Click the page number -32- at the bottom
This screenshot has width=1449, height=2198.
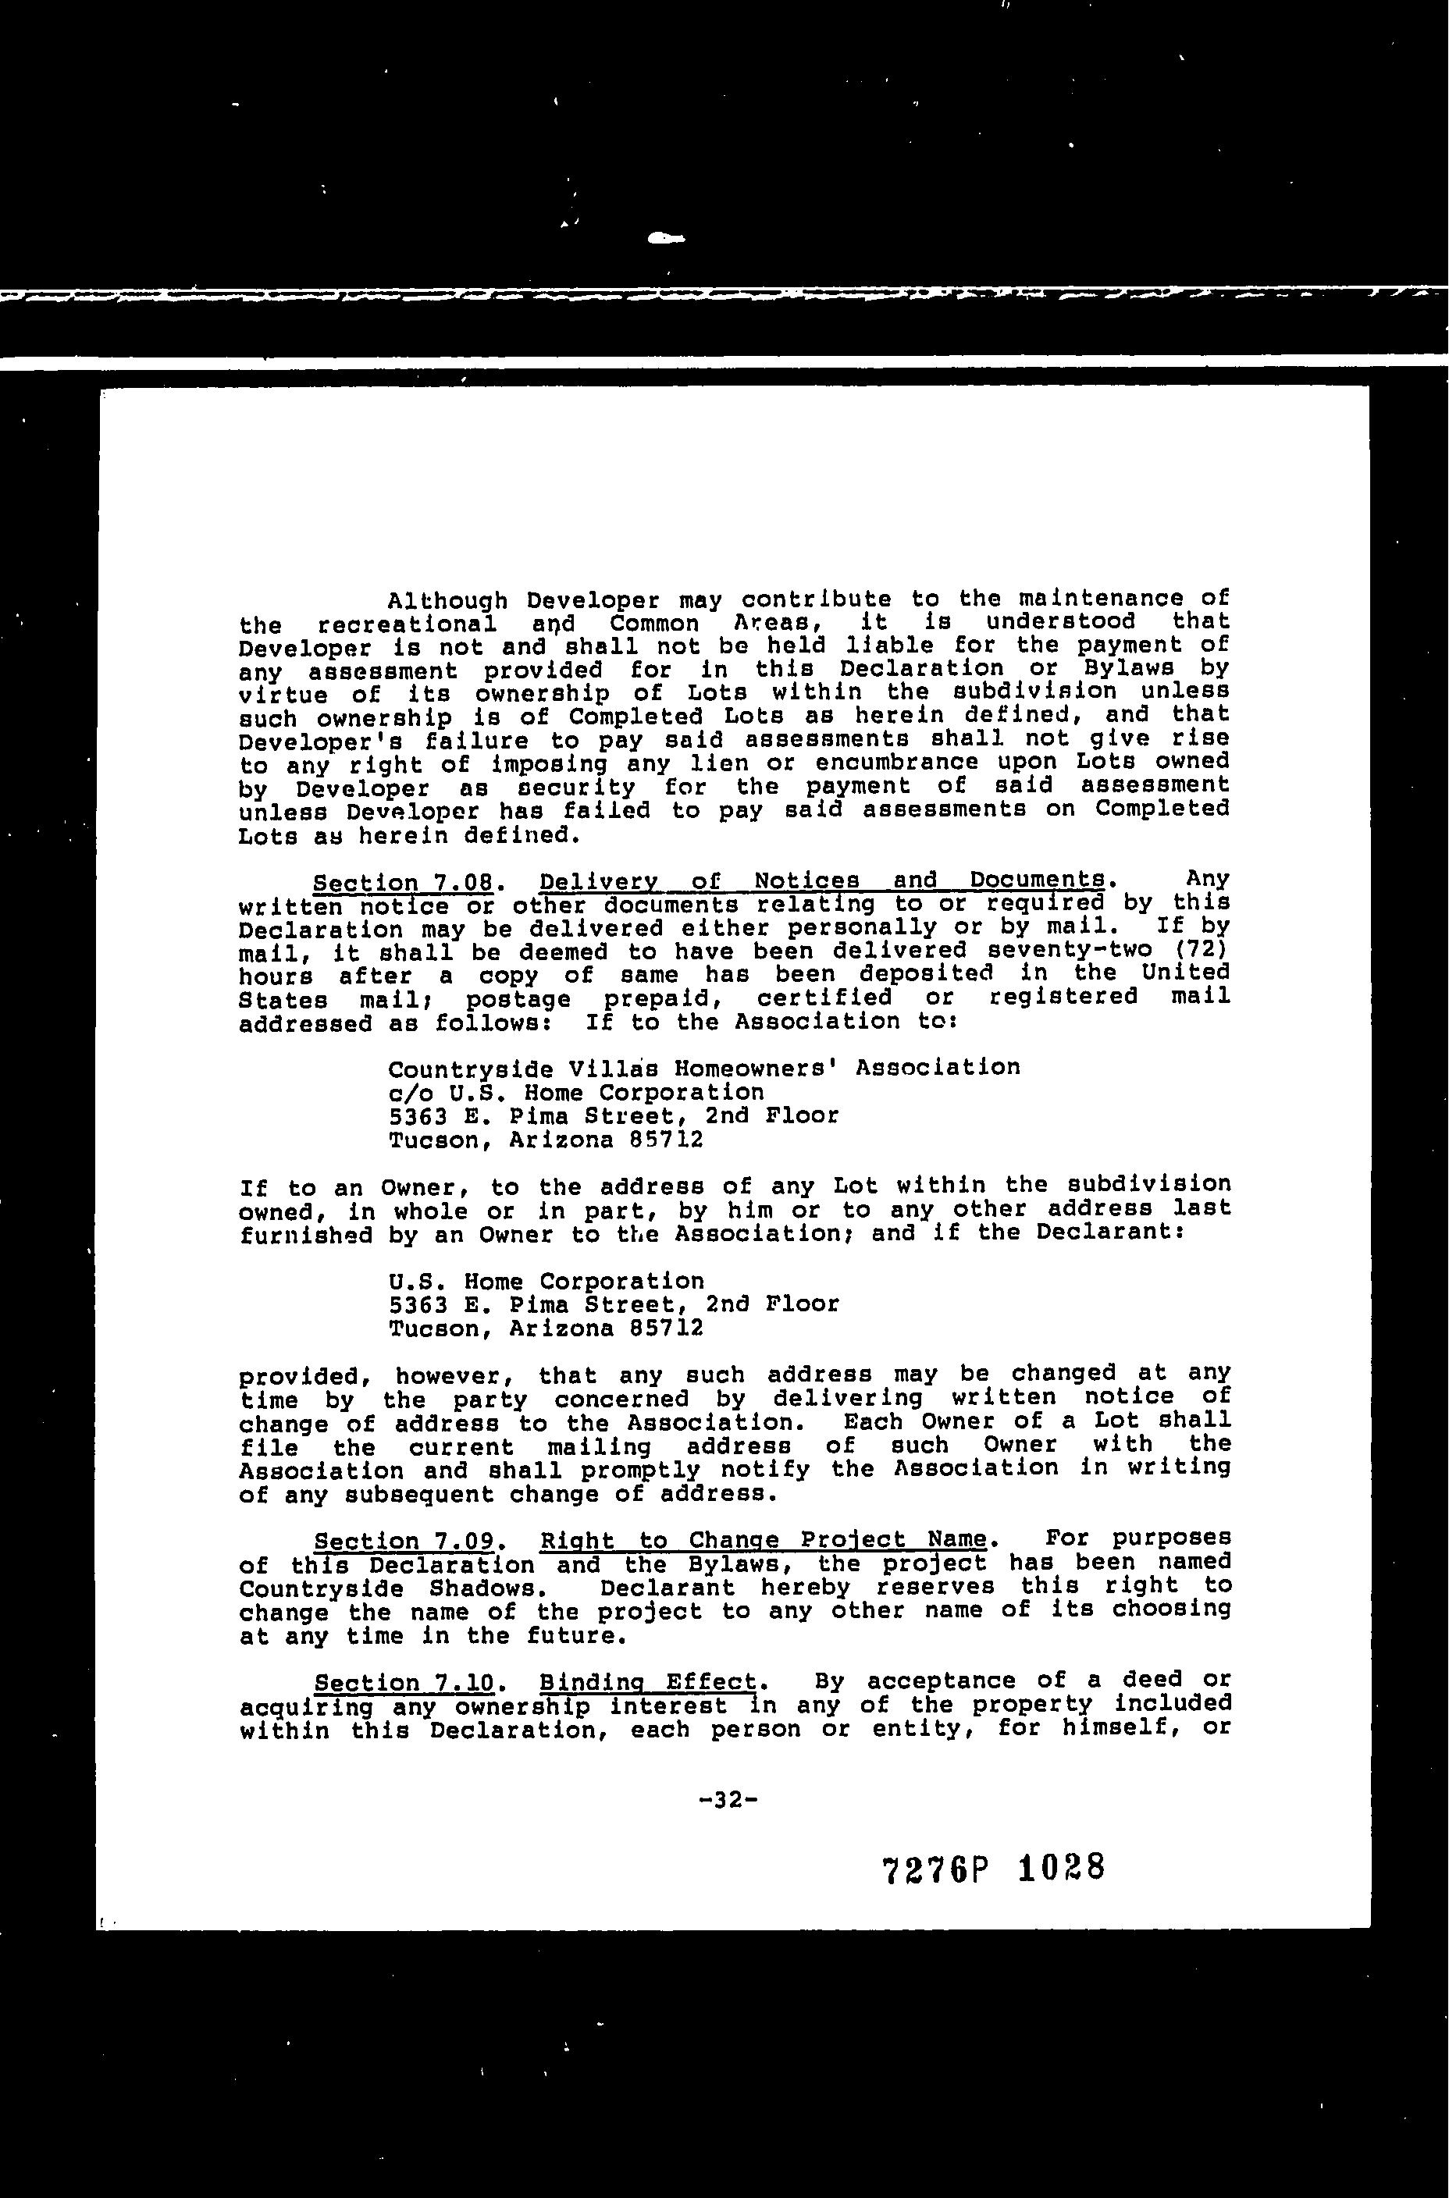[729, 1800]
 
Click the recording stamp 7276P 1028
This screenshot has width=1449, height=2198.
[993, 1870]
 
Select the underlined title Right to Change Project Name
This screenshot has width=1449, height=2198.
[764, 1540]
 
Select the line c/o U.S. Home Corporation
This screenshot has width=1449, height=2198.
[575, 1093]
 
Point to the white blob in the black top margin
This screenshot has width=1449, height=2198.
[665, 238]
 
